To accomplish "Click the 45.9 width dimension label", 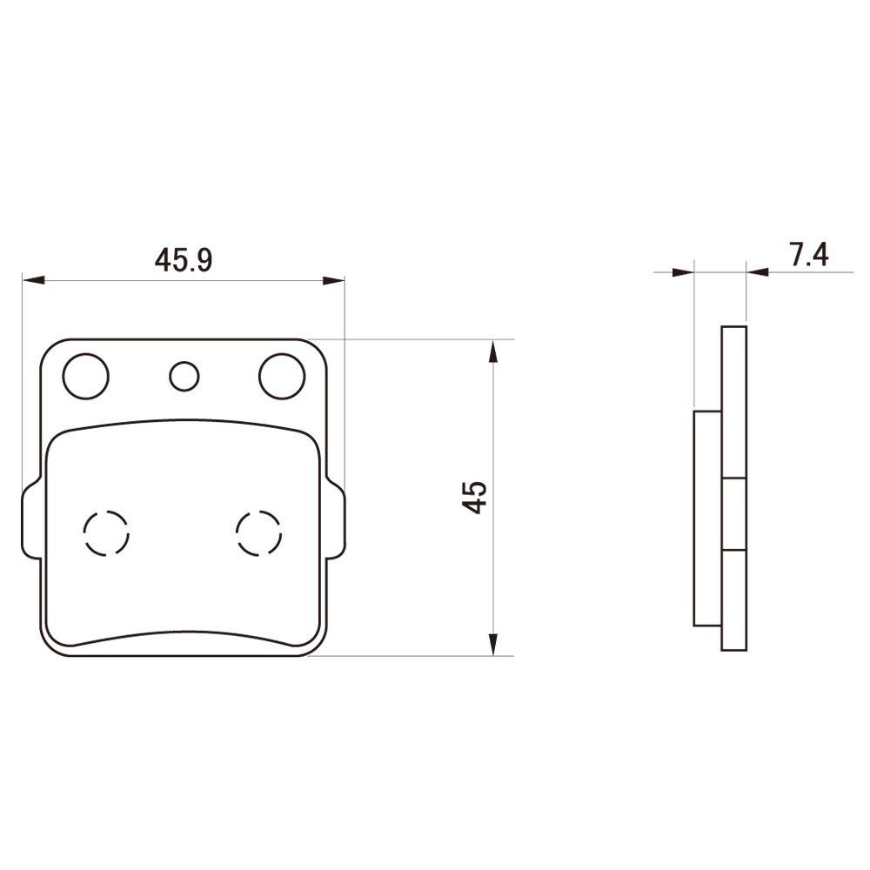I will [184, 259].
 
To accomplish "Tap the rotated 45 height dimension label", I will [475, 497].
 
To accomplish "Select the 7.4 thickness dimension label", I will [808, 255].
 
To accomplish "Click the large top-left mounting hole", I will [85, 376].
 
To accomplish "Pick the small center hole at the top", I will [184, 377].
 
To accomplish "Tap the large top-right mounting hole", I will [282, 376].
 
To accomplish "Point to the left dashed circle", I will [106, 531].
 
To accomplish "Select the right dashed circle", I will [259, 531].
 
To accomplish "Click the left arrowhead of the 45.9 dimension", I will [33, 280].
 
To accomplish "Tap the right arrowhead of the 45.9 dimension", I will [334, 280].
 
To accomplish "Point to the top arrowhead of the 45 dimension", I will [493, 352].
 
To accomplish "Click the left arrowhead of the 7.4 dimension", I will [684, 272].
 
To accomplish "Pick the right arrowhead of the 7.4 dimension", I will [758, 272].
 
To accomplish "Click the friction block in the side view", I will [707, 518].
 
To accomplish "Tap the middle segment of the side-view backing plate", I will [734, 513].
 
